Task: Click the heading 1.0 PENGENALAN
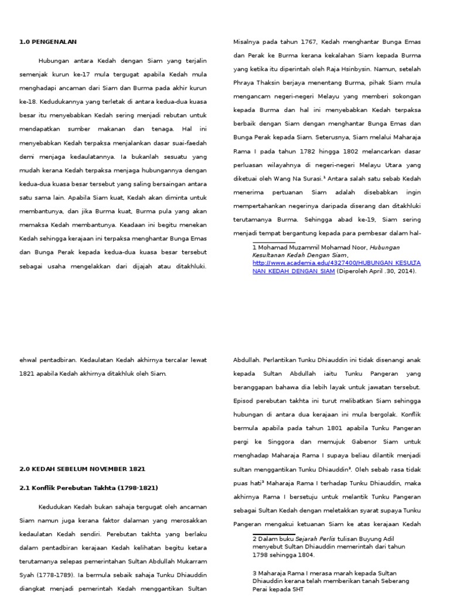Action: (48, 42)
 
